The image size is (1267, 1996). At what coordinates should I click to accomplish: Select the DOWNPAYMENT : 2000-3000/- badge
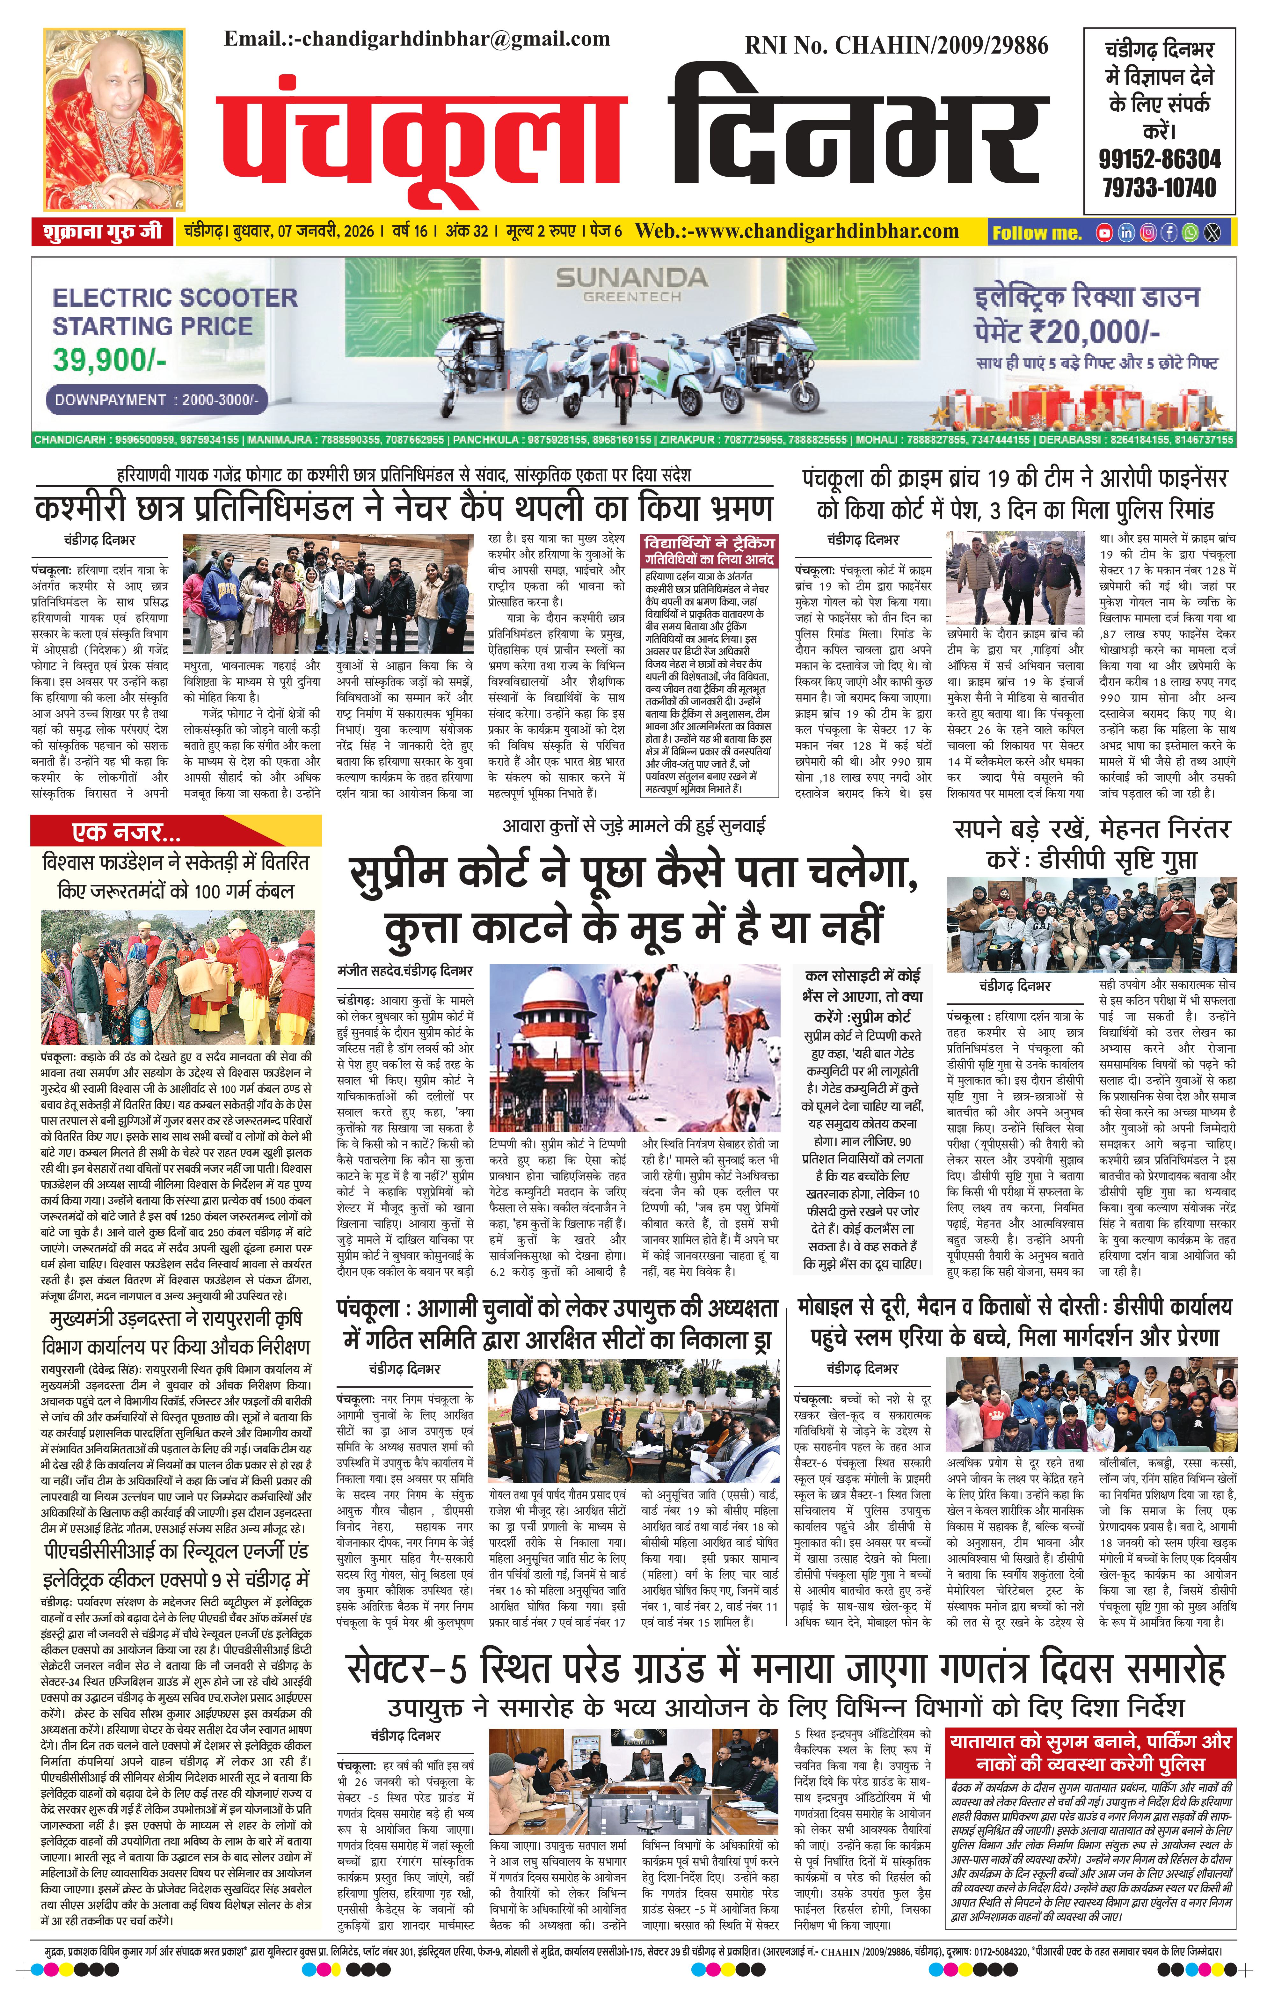[157, 400]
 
